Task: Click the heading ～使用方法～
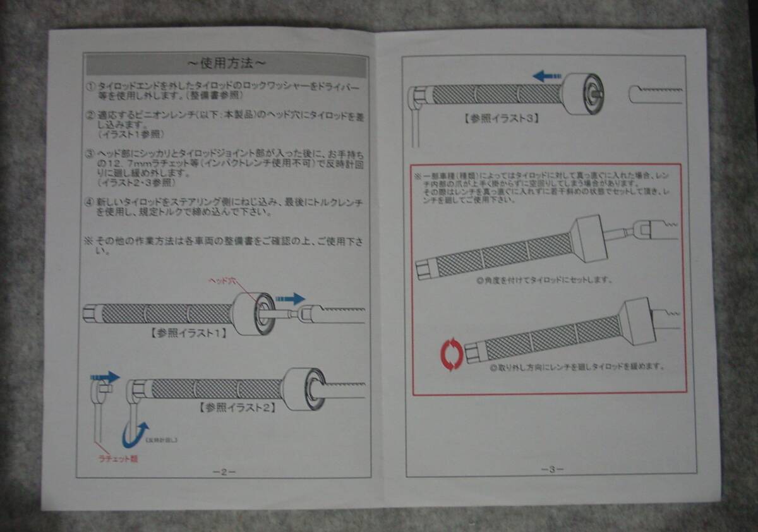226,63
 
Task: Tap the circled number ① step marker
90,86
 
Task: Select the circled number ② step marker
90,117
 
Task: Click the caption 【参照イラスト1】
188,334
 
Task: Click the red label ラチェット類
117,459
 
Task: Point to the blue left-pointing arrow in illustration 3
546,76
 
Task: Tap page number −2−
224,471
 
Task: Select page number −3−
551,468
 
